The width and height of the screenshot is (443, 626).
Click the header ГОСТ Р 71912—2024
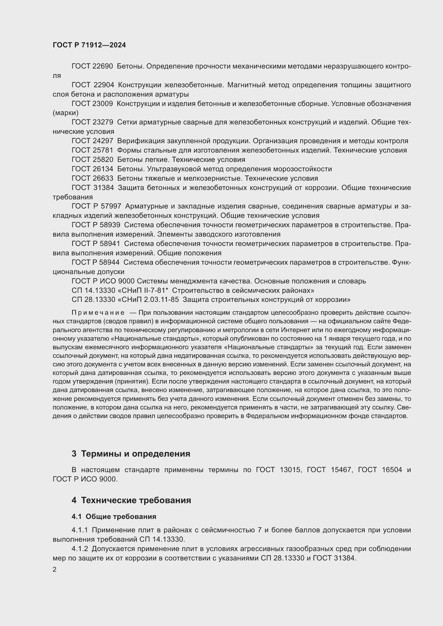tap(89, 45)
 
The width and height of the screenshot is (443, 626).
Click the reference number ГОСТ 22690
tap(92, 66)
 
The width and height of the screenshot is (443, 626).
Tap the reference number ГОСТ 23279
tap(92, 122)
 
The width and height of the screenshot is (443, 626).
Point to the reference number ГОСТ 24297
tap(92, 141)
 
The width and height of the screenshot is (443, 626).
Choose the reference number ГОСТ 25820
tap(92, 160)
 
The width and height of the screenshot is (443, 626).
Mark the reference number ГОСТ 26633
tap(92, 178)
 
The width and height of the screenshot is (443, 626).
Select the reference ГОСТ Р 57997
tap(96, 206)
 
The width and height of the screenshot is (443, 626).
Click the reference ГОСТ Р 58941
tap(96, 244)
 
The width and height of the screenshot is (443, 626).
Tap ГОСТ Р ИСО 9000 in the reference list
tap(103, 281)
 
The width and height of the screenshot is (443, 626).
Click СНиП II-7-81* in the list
tap(145, 290)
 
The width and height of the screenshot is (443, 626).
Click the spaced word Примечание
tap(98, 313)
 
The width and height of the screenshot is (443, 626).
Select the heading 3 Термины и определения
tap(131, 454)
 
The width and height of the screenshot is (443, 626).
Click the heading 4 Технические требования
tap(131, 500)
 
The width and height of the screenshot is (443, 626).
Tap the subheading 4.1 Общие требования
tap(114, 516)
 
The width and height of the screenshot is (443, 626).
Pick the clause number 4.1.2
tap(80, 549)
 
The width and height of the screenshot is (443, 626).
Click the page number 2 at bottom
tap(55, 570)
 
